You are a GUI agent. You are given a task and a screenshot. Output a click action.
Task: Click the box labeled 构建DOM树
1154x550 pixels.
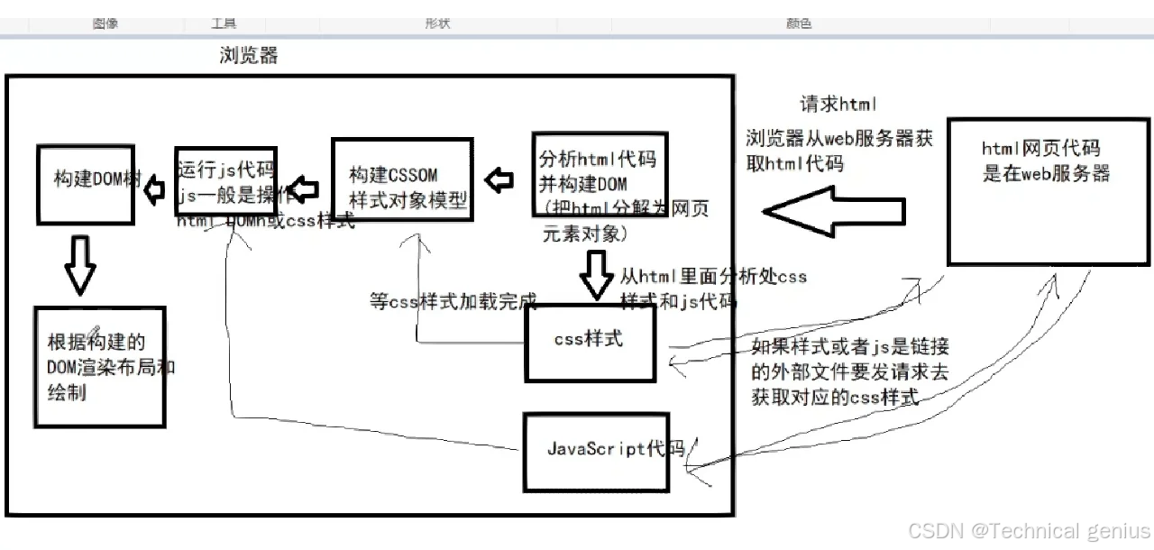point(86,183)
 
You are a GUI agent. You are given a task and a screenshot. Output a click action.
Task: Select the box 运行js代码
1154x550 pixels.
point(225,179)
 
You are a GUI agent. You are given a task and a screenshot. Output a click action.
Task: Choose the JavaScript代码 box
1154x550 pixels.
point(596,451)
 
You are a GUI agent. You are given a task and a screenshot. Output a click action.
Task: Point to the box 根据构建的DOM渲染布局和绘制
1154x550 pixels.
point(99,366)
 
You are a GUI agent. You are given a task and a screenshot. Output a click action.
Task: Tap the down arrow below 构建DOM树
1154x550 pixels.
point(80,266)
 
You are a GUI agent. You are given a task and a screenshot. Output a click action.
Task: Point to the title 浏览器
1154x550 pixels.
point(249,56)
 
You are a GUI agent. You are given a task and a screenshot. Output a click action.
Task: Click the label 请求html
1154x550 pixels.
point(838,105)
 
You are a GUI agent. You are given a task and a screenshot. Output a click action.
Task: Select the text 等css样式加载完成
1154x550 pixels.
point(453,300)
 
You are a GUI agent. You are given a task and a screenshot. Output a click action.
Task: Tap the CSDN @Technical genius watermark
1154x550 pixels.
point(1029,530)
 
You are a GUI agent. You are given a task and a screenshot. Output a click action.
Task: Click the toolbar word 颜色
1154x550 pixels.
point(799,23)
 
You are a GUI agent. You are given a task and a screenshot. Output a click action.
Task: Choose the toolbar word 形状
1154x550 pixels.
point(437,23)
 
